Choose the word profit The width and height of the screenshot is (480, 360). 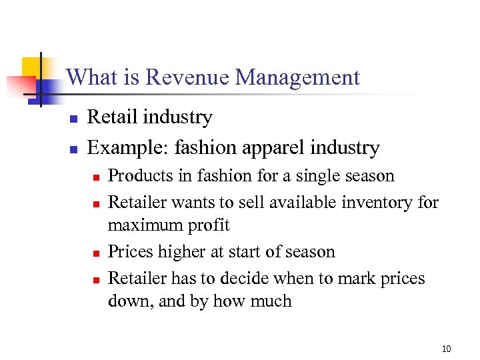(207, 225)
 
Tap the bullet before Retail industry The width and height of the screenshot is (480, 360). (74, 119)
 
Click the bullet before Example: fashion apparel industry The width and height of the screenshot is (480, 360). (74, 149)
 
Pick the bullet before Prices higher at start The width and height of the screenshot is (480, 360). (95, 253)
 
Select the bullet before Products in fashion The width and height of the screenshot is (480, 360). (95, 177)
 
